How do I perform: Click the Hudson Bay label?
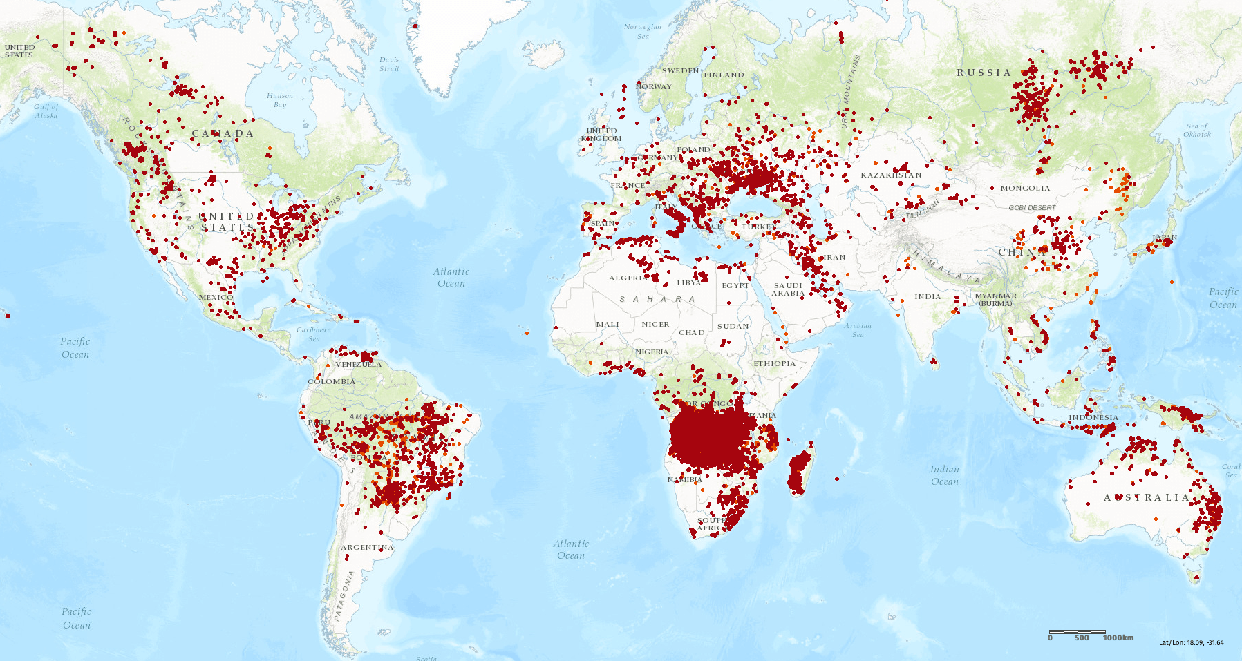click(x=280, y=100)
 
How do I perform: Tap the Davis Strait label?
click(x=389, y=64)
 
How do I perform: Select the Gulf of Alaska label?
click(x=46, y=111)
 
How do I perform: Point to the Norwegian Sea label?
click(x=643, y=31)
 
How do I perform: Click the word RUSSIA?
click(x=984, y=73)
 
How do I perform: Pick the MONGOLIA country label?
click(x=1025, y=188)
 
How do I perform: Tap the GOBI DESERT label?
click(x=1032, y=207)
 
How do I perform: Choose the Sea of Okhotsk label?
click(x=1197, y=130)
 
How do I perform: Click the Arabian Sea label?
click(x=858, y=330)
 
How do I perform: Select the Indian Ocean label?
click(x=944, y=475)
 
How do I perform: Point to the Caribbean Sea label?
click(x=314, y=334)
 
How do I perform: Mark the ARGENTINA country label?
click(x=367, y=547)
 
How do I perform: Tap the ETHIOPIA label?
click(x=774, y=363)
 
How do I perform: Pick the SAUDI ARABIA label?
click(x=788, y=289)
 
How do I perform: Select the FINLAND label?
click(x=724, y=75)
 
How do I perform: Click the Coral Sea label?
click(x=1231, y=470)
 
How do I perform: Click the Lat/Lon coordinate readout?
click(x=1191, y=642)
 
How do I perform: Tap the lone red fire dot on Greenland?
click(x=415, y=26)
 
